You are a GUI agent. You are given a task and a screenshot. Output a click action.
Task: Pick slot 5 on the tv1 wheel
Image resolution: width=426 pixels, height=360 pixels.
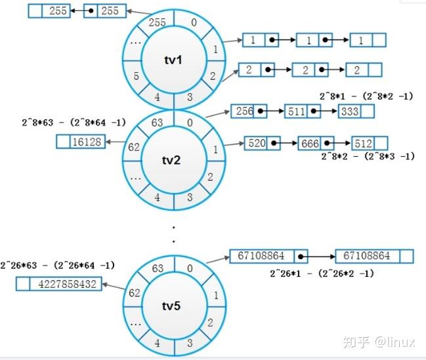(x=136, y=76)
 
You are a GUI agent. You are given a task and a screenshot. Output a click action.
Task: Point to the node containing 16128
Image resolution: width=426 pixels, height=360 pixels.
(x=87, y=141)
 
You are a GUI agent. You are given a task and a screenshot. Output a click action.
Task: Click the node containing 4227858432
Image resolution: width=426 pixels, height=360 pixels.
(x=66, y=285)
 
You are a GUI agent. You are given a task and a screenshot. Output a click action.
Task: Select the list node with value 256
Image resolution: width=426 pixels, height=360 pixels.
(x=244, y=111)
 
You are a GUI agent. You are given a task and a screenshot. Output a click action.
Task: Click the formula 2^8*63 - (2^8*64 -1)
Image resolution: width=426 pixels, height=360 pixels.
(x=68, y=121)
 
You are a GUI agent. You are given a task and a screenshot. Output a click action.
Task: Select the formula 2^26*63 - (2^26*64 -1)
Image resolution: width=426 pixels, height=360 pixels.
(x=58, y=265)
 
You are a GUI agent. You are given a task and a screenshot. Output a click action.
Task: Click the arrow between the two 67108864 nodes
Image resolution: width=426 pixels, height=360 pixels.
(x=318, y=256)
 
